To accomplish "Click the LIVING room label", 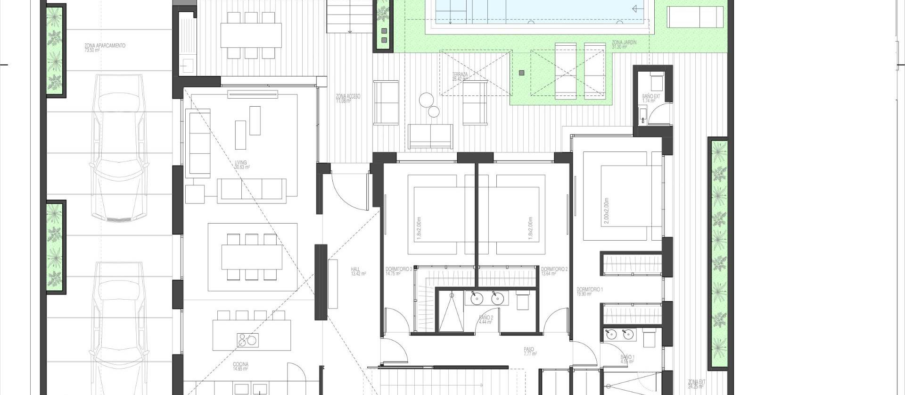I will tap(241, 163).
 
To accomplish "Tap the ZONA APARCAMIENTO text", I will tap(105, 46).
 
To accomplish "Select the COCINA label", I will tap(240, 364).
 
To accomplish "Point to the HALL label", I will tap(355, 269).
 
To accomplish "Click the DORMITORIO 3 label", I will tap(399, 269).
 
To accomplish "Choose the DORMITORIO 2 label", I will tap(554, 269).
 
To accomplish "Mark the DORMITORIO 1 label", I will tap(590, 289).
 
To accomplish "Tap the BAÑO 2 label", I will tap(486, 318).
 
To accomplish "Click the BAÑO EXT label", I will tap(651, 97).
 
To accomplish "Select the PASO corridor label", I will tap(528, 350).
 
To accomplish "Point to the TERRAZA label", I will tap(460, 75).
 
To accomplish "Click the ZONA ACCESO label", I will tap(348, 96).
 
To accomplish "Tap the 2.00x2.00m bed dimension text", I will tap(606, 210).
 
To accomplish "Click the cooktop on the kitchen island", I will tap(247, 340).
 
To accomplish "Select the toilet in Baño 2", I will tap(522, 300).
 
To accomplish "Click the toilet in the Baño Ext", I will tap(656, 83).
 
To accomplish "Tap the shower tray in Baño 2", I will tap(451, 311).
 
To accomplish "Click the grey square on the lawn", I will tap(522, 73).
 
